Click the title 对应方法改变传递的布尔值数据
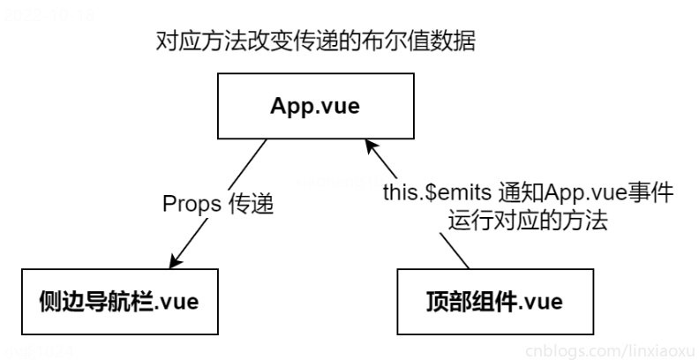[x=315, y=41]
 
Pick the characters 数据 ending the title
[x=455, y=41]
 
